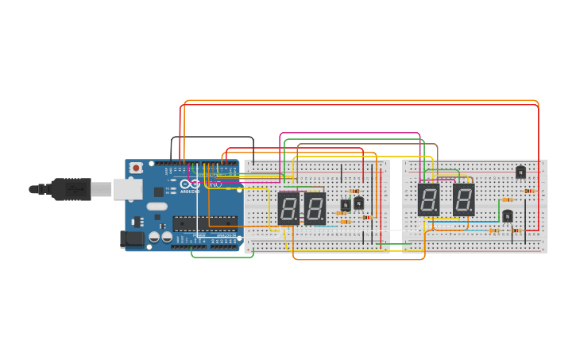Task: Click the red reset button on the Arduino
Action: click(x=136, y=168)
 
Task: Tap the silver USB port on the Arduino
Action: click(x=127, y=189)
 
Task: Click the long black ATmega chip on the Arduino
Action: click(x=205, y=222)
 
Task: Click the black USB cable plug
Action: click(x=72, y=189)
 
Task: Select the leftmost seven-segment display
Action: click(x=288, y=207)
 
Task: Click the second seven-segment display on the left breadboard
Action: click(x=315, y=207)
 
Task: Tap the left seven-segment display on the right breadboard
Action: click(x=428, y=199)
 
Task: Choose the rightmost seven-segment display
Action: click(x=464, y=199)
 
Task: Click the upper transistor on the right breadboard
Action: click(x=520, y=172)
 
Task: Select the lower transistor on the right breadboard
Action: click(x=507, y=215)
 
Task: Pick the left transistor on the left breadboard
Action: click(x=346, y=205)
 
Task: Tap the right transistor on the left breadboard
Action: click(x=358, y=203)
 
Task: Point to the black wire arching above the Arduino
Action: click(x=212, y=137)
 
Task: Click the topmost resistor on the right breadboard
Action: click(x=529, y=191)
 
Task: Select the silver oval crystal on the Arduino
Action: click(x=157, y=207)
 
